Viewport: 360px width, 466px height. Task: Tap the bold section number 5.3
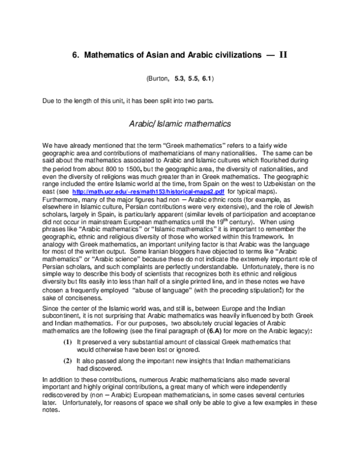tap(180, 79)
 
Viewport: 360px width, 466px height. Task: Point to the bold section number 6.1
tap(206, 79)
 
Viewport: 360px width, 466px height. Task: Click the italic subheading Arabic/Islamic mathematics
tap(180, 124)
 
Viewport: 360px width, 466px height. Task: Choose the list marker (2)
tap(68, 360)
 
